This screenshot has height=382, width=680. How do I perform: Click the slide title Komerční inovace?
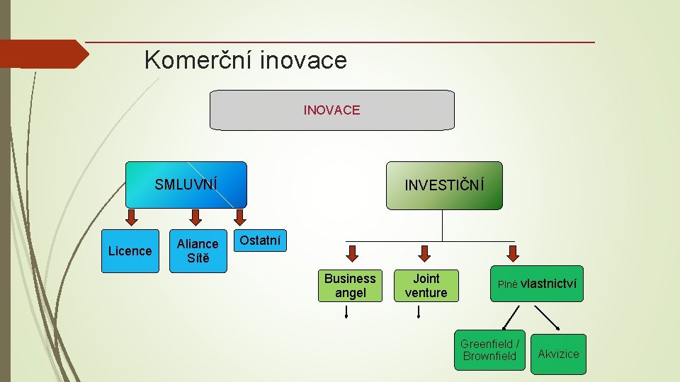click(245, 60)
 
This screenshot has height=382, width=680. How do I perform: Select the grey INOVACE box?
click(332, 110)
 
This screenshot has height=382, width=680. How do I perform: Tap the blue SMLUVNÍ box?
click(186, 185)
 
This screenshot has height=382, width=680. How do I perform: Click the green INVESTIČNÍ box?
click(444, 185)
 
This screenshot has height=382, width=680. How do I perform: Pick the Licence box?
click(130, 251)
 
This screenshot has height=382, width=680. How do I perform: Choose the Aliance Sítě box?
click(198, 251)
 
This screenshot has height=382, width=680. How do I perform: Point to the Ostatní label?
click(260, 241)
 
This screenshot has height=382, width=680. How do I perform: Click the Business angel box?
click(350, 286)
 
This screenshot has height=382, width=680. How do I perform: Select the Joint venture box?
click(426, 286)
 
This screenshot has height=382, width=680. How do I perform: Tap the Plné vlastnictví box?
click(537, 284)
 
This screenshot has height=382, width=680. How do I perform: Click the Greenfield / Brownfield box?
click(489, 350)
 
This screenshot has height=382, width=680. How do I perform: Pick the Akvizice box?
click(558, 354)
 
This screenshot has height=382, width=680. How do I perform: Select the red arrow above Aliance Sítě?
click(196, 216)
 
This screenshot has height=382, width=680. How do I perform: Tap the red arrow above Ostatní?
click(240, 216)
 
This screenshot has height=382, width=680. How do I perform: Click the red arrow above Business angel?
click(352, 253)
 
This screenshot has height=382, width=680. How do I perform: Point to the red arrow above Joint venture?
click(424, 253)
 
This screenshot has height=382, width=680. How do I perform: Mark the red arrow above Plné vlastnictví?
click(514, 253)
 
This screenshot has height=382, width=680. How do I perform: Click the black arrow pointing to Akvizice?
click(548, 318)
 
